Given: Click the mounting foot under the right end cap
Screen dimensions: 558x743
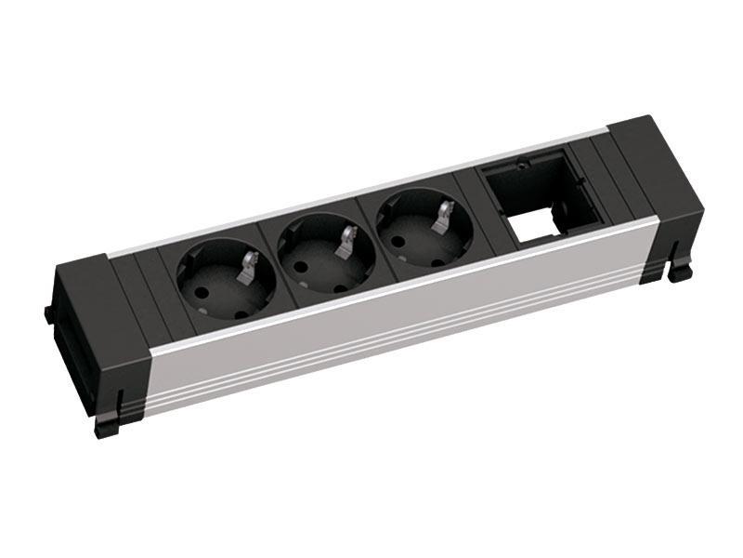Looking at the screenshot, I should click(681, 271).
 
